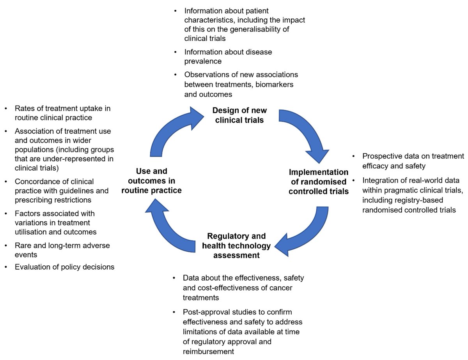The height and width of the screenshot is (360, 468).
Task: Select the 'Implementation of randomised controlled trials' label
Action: (319, 182)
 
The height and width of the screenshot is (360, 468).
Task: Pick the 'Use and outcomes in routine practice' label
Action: (152, 181)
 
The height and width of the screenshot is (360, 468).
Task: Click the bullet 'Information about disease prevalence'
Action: (228, 56)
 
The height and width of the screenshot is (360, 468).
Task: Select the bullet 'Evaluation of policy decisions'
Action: (64, 267)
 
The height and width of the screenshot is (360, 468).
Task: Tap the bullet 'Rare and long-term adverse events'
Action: (62, 250)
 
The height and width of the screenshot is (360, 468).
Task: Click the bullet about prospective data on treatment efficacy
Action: (413, 161)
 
